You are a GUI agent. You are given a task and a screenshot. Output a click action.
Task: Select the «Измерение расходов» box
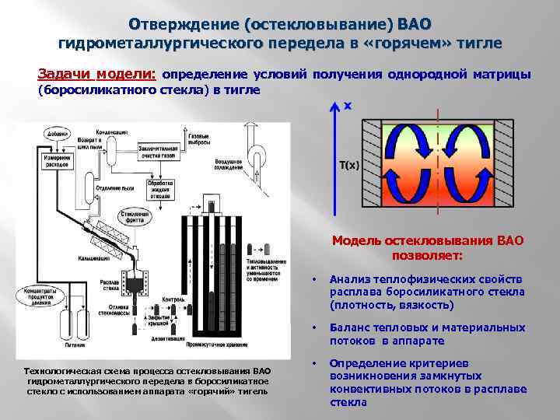[x=51, y=161]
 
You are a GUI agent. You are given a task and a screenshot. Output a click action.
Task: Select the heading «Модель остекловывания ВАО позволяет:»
[x=428, y=248]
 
